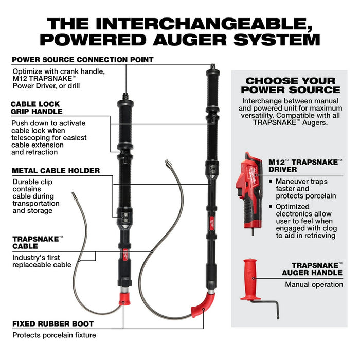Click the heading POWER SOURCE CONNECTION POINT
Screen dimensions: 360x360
pos(82,60)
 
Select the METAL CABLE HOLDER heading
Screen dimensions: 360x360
pos(56,171)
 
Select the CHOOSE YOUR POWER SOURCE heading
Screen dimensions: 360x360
pos(290,85)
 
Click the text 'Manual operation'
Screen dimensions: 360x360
pos(314,284)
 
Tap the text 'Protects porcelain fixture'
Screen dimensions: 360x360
pos(53,335)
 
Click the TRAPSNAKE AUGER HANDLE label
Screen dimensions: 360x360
pos(312,268)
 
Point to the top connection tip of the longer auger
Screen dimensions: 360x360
pos(211,66)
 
